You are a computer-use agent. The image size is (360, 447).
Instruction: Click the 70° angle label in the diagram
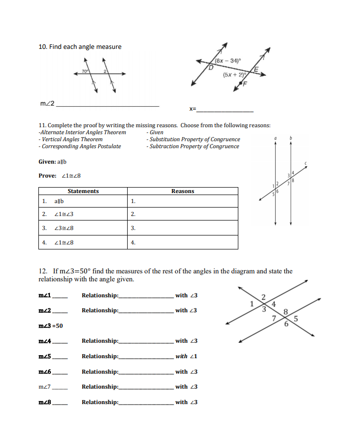click(84, 72)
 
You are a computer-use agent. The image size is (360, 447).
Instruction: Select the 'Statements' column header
click(83, 191)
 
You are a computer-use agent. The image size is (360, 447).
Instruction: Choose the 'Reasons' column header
click(182, 191)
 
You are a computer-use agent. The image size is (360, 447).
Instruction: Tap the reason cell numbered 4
click(133, 242)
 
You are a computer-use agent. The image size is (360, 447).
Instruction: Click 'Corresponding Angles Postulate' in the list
click(80, 146)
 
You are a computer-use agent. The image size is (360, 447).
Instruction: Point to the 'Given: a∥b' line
click(52, 162)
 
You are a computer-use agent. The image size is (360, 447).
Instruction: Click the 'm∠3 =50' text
click(51, 326)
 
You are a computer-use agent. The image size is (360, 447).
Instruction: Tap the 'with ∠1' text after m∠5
click(186, 356)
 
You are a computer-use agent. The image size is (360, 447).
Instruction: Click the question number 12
click(42, 271)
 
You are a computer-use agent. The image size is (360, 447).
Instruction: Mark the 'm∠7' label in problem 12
click(46, 387)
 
